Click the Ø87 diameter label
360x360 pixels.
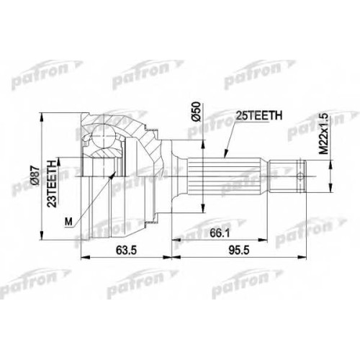[x=35, y=175]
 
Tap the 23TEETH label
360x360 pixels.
[x=52, y=183]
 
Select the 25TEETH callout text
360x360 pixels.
[x=258, y=115]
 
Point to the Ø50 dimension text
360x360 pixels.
[x=196, y=112]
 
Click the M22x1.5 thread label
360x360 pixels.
[x=323, y=134]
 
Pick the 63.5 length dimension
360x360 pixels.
[x=126, y=251]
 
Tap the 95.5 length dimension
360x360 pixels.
[x=239, y=251]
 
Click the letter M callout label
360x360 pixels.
[x=68, y=222]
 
